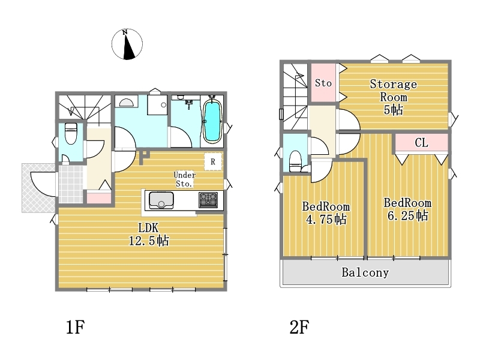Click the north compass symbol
point(127,44)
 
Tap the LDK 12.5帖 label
point(149,235)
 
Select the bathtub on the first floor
point(212,121)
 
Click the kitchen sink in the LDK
point(161,200)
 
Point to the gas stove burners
point(208,200)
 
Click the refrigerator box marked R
point(213,161)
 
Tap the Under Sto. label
point(184,179)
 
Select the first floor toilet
point(71,133)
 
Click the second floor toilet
point(296,161)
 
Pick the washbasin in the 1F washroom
point(126,102)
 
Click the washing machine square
point(157,104)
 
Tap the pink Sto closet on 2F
point(323,82)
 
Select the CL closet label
point(421,143)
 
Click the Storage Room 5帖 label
point(394,97)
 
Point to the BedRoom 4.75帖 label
point(326,213)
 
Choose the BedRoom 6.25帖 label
point(407,209)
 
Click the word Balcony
point(365,272)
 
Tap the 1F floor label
point(76,327)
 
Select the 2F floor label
point(299,327)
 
